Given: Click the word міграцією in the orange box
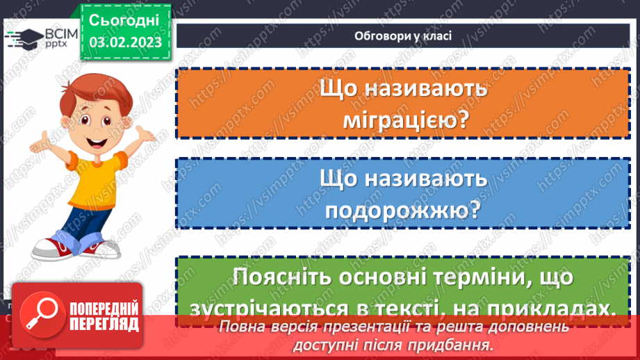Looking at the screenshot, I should coord(403,120).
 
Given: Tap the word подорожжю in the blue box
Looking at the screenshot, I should coord(403,211).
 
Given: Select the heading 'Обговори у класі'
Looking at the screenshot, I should coord(403,36).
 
